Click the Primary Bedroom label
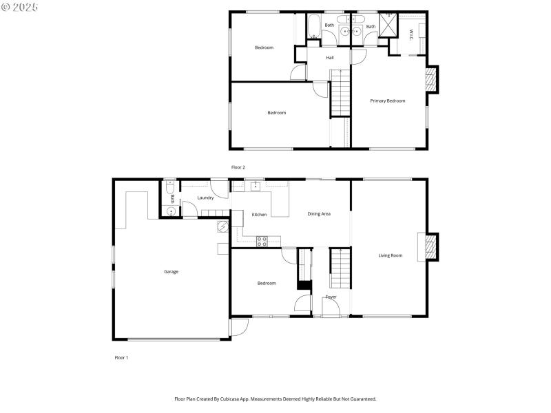point(387,101)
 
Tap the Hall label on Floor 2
point(330,58)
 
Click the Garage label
point(171,272)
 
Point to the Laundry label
point(205,198)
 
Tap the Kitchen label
point(259,215)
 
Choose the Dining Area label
point(319,214)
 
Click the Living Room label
point(390,255)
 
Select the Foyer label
point(331,297)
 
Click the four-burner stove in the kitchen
point(262,240)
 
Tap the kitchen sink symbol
point(256,185)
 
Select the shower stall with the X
point(388,25)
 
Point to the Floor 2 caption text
point(238,167)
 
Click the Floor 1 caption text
point(121,358)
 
